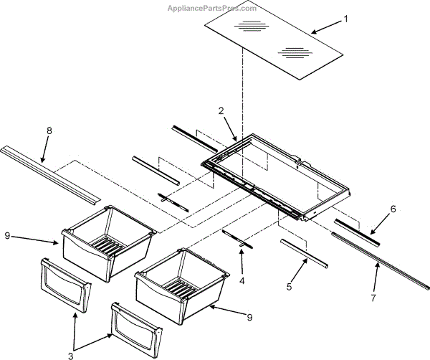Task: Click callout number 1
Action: [346, 19]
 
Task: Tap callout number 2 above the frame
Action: [221, 111]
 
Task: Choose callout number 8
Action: [49, 131]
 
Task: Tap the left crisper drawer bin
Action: [107, 240]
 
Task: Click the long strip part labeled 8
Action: [50, 172]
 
